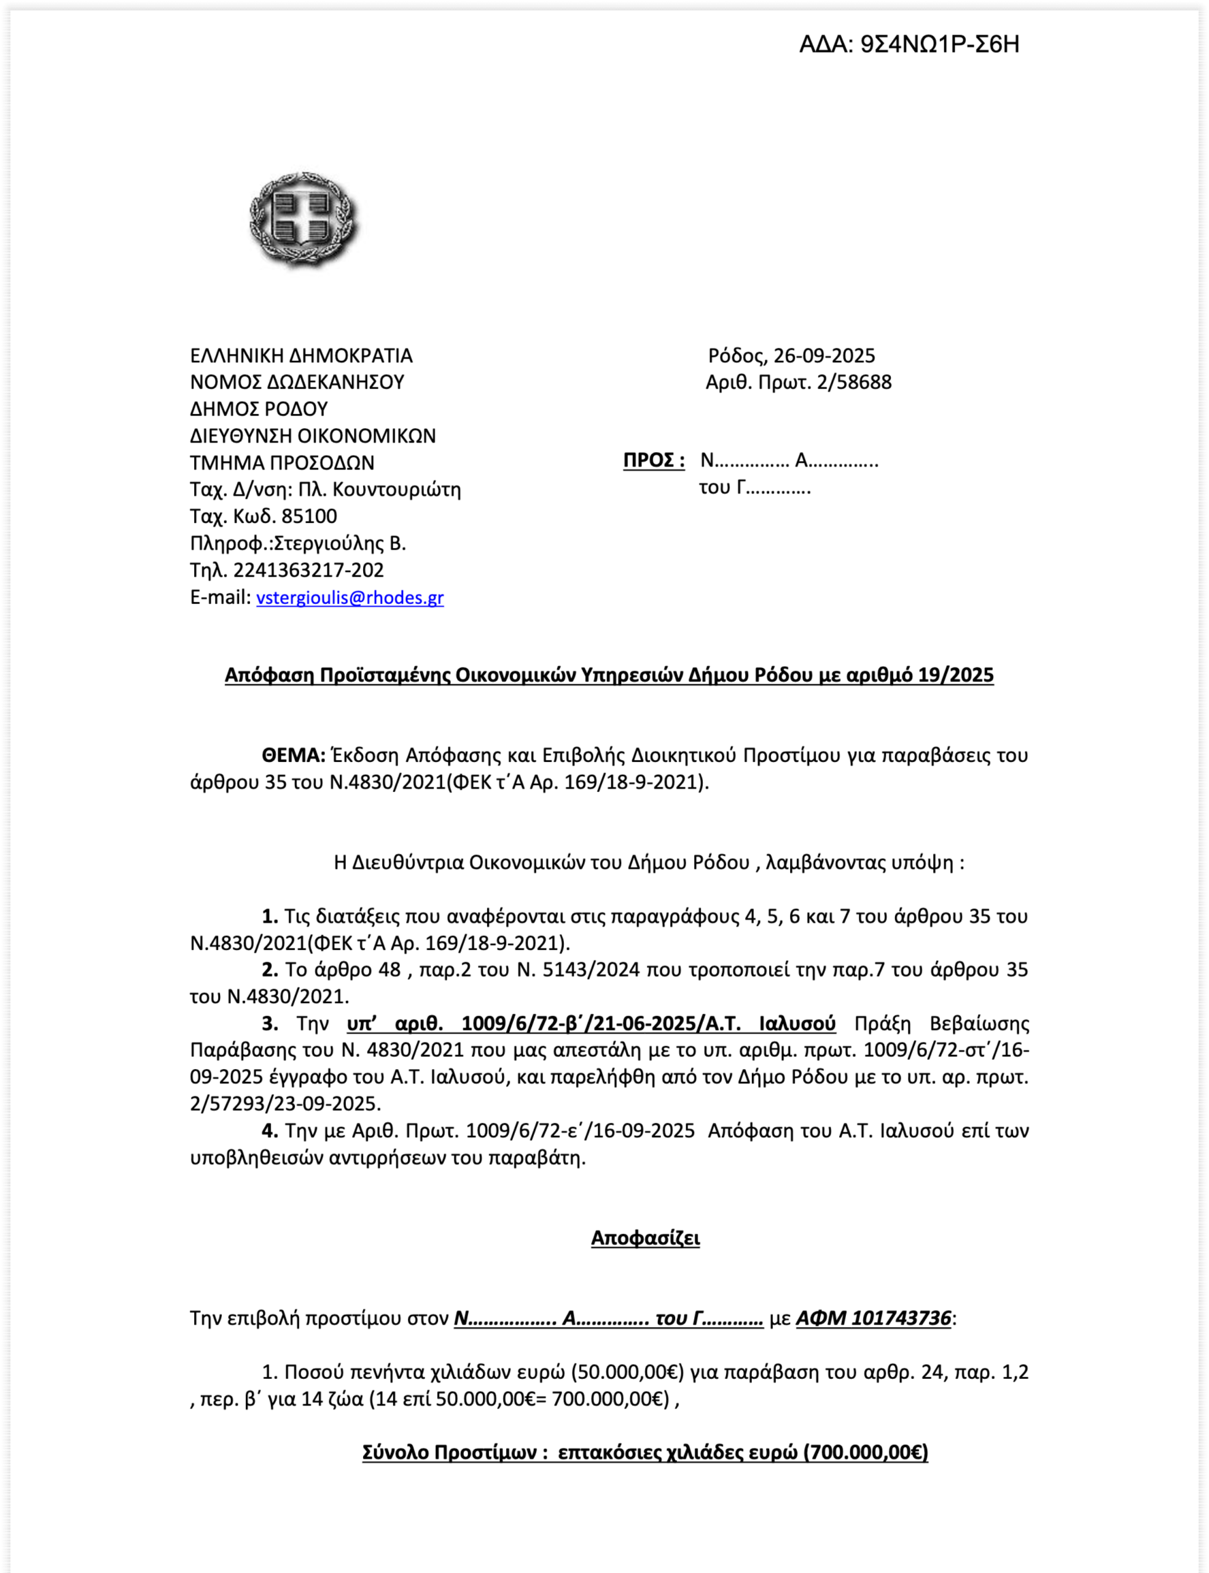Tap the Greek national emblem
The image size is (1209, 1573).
coord(303,219)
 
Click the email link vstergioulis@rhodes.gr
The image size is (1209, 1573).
coord(350,597)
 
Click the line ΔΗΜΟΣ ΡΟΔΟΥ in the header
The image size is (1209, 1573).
coord(259,409)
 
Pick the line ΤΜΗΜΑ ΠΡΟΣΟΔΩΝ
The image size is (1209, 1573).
coord(282,462)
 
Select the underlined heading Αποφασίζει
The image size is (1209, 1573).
coord(646,1238)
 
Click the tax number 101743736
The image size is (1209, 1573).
coord(901,1318)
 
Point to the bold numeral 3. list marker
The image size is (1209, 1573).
coord(270,1023)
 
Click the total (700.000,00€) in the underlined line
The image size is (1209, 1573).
coord(865,1452)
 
